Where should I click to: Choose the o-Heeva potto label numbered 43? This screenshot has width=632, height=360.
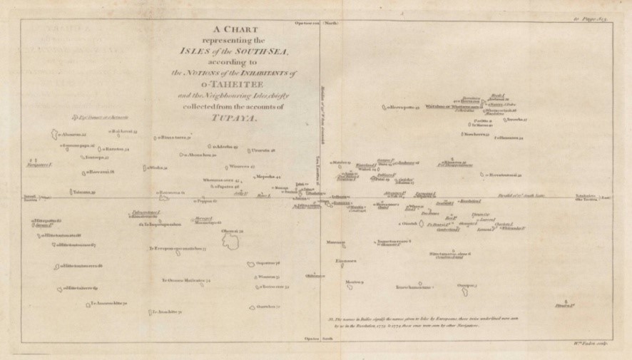pos(403,108)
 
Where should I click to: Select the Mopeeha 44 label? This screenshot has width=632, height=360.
pos(267,175)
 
